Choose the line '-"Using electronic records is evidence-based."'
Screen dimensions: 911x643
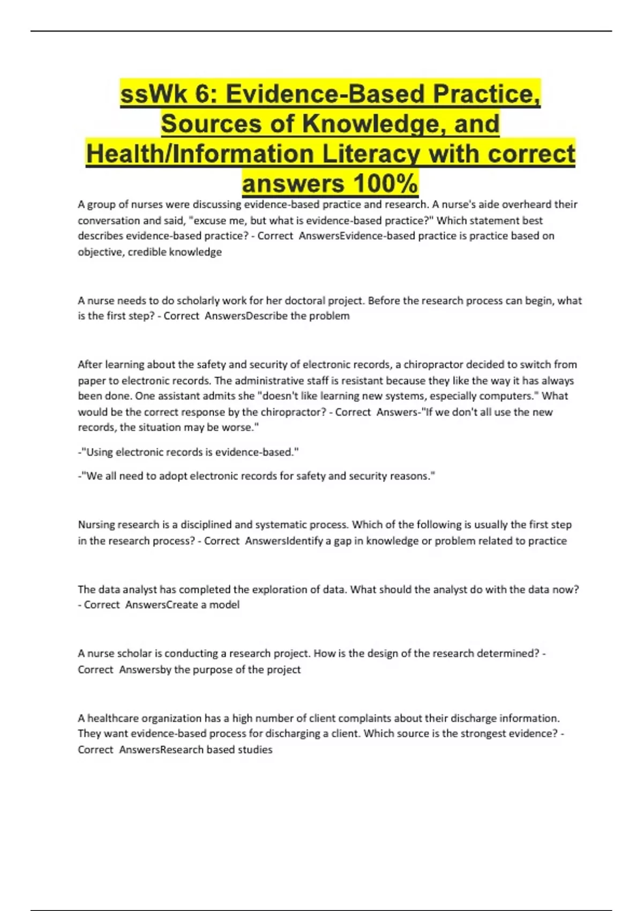(x=188, y=452)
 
